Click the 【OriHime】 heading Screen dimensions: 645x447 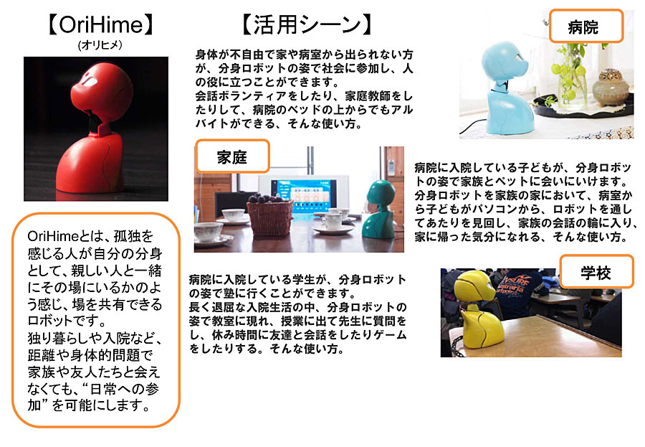pyautogui.click(x=101, y=24)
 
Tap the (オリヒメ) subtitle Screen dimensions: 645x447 pyautogui.click(x=100, y=45)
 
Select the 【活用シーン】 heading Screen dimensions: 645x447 pyautogui.click(x=307, y=24)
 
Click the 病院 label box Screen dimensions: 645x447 pyautogui.click(x=586, y=27)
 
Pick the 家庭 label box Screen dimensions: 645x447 pyautogui.click(x=232, y=156)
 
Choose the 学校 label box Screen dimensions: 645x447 pyautogui.click(x=596, y=271)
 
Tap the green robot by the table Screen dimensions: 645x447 pyautogui.click(x=378, y=210)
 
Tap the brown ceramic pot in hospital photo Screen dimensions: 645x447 pyautogui.click(x=611, y=88)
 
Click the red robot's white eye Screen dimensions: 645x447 pyautogui.click(x=90, y=81)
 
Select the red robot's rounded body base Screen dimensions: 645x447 pyautogui.click(x=90, y=163)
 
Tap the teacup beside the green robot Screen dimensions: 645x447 pyautogui.click(x=333, y=222)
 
